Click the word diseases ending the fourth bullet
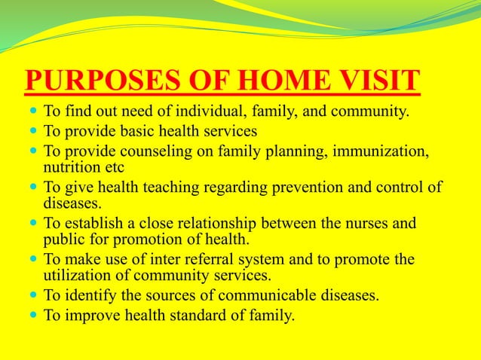click(74, 203)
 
